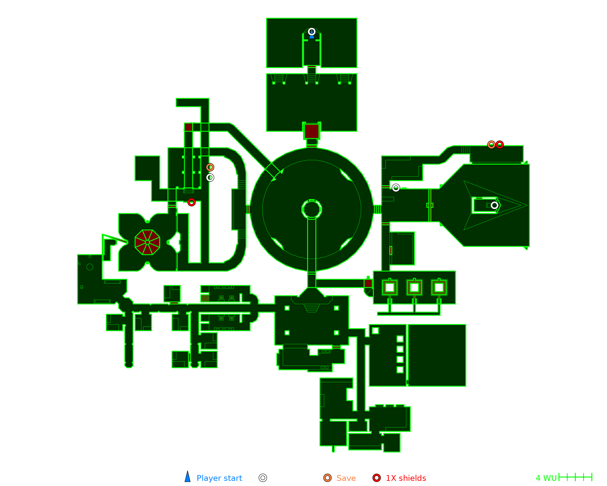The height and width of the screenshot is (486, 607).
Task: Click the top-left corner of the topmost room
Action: (x=267, y=19)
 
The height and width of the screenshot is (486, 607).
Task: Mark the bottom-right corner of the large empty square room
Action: (x=466, y=386)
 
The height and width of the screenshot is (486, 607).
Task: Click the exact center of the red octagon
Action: (x=148, y=242)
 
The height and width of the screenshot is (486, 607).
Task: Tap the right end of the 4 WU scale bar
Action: (x=592, y=477)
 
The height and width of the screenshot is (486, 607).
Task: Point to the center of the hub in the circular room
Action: (x=312, y=209)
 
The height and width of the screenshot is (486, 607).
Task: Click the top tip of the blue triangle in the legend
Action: (x=188, y=471)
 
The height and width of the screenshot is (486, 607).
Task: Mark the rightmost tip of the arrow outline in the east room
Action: (x=527, y=205)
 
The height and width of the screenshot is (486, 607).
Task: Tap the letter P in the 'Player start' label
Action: (x=199, y=478)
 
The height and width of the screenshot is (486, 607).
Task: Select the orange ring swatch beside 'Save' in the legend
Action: (x=327, y=478)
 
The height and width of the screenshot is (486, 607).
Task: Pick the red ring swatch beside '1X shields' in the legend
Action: (x=377, y=478)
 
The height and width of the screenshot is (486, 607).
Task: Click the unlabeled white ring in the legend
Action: (x=263, y=478)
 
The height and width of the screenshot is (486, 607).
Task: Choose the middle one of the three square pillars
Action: (x=414, y=287)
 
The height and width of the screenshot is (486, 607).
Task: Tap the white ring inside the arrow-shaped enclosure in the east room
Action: (x=494, y=205)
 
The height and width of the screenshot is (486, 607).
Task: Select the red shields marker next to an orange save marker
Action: (x=500, y=145)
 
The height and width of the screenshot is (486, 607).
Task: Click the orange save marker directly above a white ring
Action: (x=210, y=167)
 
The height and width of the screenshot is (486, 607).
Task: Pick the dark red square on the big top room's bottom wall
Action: (x=312, y=131)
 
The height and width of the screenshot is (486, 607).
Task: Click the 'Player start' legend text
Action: (x=219, y=478)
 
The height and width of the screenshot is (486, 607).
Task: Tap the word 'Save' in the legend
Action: (x=346, y=478)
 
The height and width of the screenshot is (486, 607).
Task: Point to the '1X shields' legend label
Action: (x=406, y=478)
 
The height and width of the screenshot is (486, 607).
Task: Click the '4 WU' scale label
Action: (x=546, y=478)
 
